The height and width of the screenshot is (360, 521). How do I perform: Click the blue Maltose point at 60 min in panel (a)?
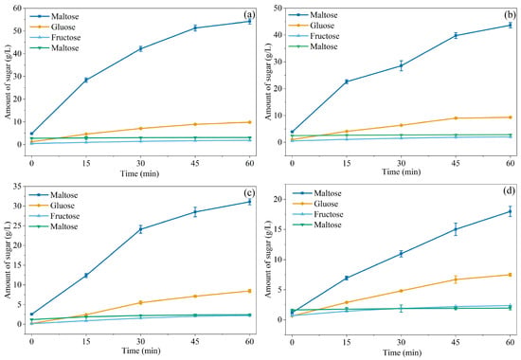pos(249,21)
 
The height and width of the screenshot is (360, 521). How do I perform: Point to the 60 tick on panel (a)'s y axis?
pos(17,8)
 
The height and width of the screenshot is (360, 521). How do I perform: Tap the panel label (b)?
pos(510,15)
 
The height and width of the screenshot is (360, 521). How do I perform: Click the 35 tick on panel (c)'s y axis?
pos(17,187)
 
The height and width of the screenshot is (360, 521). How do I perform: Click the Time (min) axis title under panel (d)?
pos(402,352)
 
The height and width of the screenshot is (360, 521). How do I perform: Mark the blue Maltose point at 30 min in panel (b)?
pos(402,65)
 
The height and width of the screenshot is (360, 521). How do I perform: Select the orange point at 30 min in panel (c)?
pos(141,302)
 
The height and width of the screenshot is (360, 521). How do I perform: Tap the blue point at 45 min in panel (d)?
pos(456,229)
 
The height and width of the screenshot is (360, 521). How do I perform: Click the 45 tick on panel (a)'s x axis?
pos(195,163)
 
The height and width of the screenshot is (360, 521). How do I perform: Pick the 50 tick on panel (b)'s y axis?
pos(278,8)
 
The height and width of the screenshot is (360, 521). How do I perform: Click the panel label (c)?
pos(249,193)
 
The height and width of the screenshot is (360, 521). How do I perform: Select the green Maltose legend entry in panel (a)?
pos(54,48)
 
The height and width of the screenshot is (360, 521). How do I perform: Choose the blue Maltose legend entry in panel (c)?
pos(53,195)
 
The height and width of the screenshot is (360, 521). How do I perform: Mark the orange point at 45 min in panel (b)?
pos(456,118)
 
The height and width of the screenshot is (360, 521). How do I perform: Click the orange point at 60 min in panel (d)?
pos(510,275)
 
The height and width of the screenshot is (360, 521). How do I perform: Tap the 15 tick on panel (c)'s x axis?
pos(86,342)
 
